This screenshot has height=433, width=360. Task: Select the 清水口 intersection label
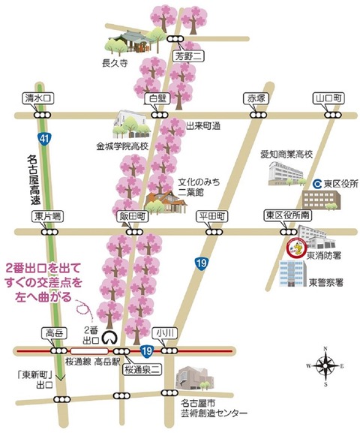click(37, 98)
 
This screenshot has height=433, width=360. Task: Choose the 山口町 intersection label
click(328, 98)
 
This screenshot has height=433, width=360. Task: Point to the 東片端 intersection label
click(46, 216)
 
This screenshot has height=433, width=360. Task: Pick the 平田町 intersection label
click(211, 216)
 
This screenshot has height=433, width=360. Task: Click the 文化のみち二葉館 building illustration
click(163, 200)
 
